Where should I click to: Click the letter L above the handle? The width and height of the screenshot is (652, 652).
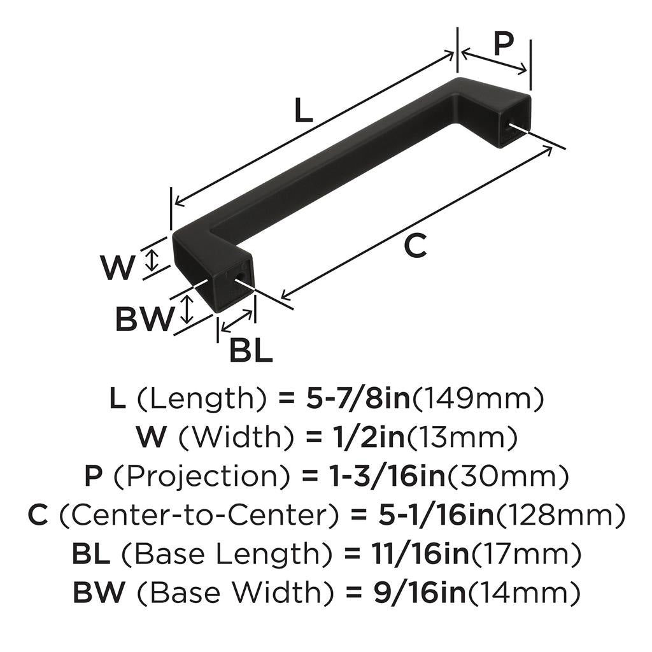coord(304,112)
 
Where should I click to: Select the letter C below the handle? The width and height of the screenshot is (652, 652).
coord(415,246)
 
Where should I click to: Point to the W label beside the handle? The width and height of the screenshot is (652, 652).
coord(118,268)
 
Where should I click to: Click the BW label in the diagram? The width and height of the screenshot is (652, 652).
coord(145,319)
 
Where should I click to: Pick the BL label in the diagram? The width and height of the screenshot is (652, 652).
coord(250,350)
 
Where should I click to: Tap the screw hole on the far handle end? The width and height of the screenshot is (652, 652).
coord(509,126)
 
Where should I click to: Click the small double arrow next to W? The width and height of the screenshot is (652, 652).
coord(152,260)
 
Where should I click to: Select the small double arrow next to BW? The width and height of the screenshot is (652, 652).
coord(187,308)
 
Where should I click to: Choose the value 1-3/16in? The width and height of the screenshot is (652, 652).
coord(365,476)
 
